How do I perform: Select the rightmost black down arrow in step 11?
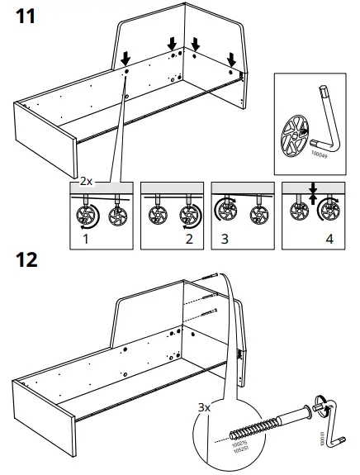(232, 58)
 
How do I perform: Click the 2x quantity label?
(86, 179)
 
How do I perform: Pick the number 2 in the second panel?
(189, 240)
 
